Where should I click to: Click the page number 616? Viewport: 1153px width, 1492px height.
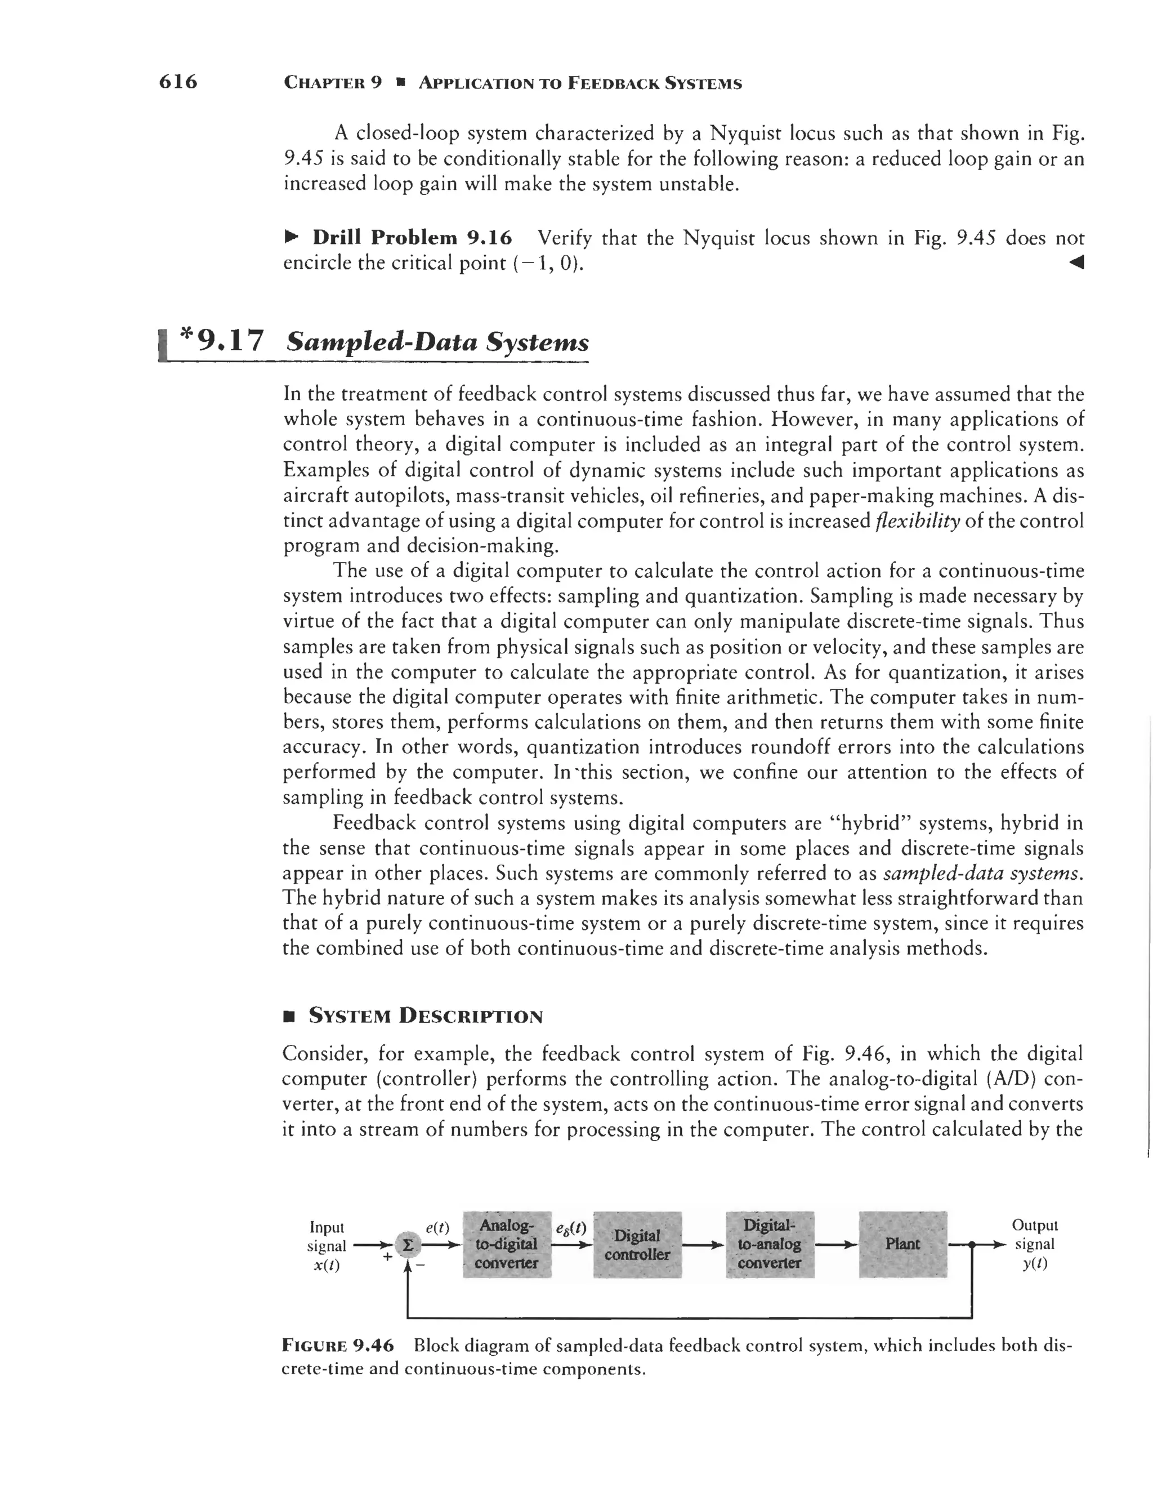coord(177,82)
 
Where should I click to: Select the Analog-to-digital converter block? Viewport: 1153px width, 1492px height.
coord(507,1244)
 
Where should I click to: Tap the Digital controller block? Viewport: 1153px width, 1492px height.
coord(637,1245)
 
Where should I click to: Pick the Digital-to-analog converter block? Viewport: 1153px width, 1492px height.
coord(769,1244)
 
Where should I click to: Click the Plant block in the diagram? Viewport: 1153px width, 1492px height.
coord(902,1244)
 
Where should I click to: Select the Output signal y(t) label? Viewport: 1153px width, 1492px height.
coord(1034,1244)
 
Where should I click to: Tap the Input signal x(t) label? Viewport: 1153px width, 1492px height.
coord(327,1245)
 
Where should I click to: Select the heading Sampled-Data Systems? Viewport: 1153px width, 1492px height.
coord(437,341)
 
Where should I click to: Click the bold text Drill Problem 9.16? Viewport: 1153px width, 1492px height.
coord(412,238)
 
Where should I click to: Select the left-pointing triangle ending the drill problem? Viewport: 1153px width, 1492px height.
coord(1076,262)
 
